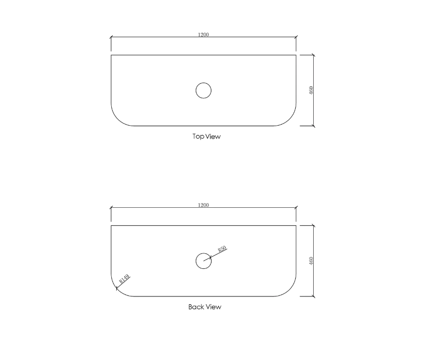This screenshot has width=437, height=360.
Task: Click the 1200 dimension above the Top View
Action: coord(203,35)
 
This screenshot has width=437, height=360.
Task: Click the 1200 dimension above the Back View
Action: coord(203,205)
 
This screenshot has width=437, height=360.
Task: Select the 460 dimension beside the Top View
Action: coord(311,90)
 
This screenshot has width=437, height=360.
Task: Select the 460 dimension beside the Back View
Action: coord(311,260)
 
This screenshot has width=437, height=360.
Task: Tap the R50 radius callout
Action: coord(222,249)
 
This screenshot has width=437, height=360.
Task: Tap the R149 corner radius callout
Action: coord(124,279)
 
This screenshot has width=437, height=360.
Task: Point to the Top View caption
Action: coord(206,136)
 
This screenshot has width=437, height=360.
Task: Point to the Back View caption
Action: coord(204,307)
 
